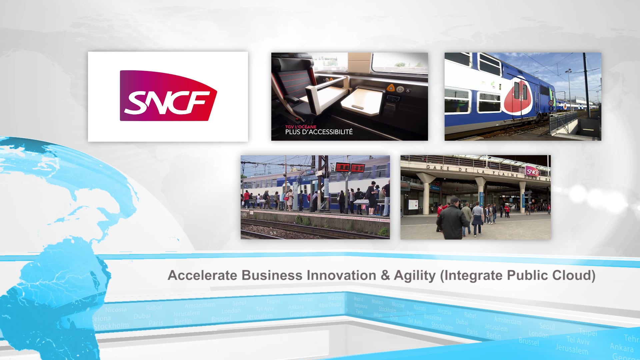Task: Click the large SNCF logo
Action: (168, 96)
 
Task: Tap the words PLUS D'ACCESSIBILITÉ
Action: (319, 132)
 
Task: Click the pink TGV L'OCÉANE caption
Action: (300, 127)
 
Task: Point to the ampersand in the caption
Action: (385, 275)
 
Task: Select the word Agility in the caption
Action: (415, 275)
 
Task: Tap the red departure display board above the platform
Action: (350, 167)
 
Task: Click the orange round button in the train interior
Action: (390, 88)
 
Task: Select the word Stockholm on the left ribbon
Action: (111, 325)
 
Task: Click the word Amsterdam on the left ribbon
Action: (200, 305)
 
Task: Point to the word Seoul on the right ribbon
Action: (547, 326)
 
